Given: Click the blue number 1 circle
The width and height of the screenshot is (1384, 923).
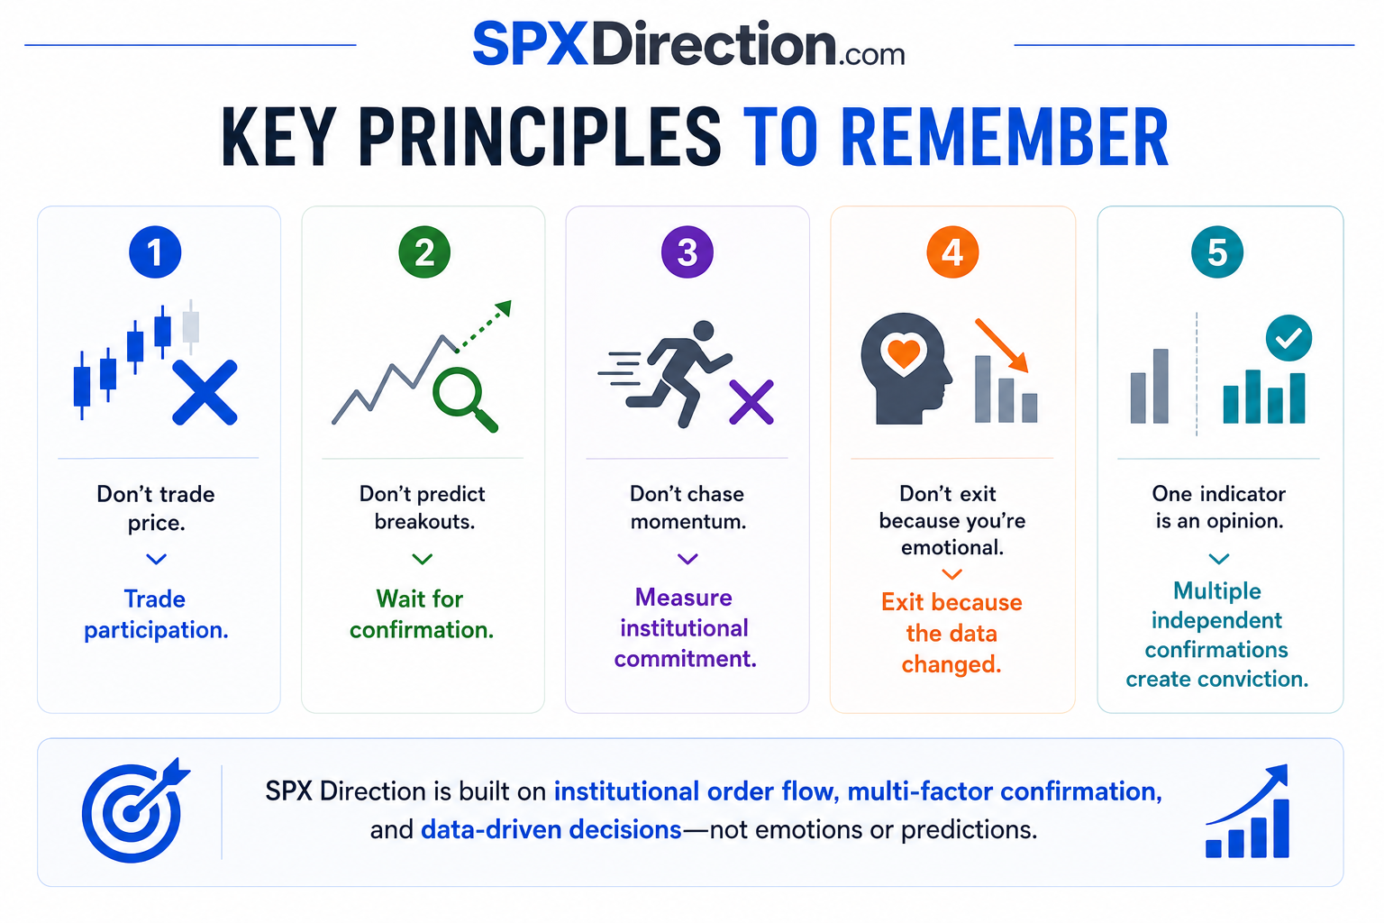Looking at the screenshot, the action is point(155,252).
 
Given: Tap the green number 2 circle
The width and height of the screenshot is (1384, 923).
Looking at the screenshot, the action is point(424,252).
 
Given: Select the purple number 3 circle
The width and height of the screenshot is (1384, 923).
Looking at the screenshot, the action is point(687,252).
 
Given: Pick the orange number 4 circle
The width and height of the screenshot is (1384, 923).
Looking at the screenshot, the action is point(952,252).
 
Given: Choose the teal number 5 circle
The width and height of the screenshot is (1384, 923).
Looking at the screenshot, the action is point(1217,252).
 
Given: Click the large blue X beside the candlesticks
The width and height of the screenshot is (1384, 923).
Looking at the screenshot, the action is point(205,393).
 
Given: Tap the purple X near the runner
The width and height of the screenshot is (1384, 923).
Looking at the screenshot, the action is point(751,402).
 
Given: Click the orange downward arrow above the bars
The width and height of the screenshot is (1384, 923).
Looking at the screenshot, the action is point(1002,345).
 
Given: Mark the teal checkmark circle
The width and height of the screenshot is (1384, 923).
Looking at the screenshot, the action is point(1288,338).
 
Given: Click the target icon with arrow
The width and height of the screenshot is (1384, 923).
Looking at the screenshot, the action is point(134,810).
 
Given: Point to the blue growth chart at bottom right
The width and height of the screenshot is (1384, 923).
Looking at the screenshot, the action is point(1247,811).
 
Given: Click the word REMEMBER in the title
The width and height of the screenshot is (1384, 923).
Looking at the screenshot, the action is point(1005,137).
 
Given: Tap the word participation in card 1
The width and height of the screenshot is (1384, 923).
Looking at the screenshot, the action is point(156,631).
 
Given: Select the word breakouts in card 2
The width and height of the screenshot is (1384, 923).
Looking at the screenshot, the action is point(424,522).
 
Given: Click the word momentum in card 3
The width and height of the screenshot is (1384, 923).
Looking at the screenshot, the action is point(688,522).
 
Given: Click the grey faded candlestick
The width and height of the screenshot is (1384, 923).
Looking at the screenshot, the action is point(191,326).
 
